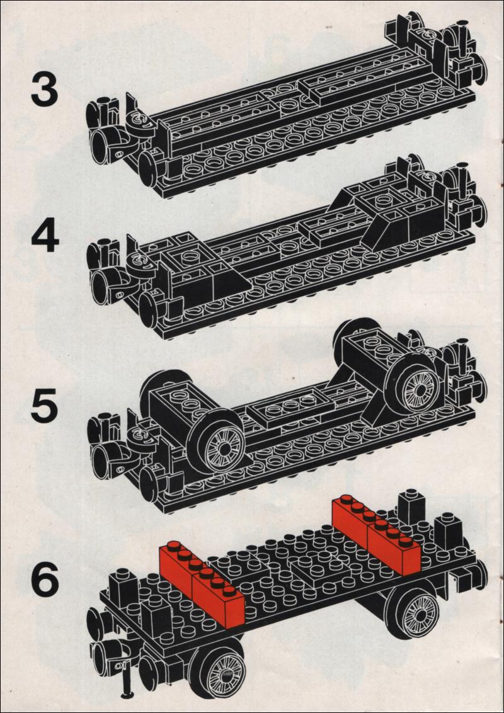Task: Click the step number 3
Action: coord(45,89)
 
